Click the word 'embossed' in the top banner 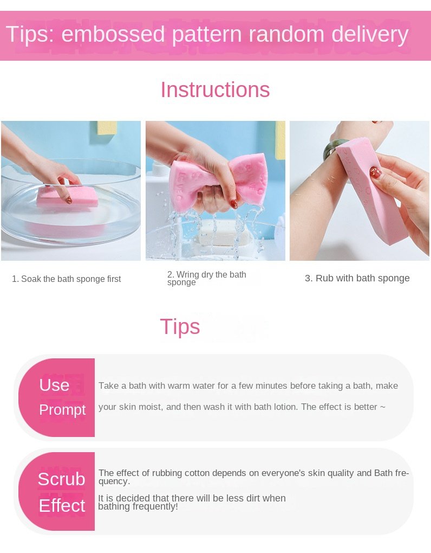pyautogui.click(x=113, y=34)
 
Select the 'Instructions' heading pyautogui.click(x=215, y=89)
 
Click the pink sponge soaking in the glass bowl pyautogui.click(x=67, y=197)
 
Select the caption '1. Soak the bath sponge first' pyautogui.click(x=66, y=279)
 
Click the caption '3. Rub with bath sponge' pyautogui.click(x=357, y=278)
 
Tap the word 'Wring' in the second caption pyautogui.click(x=188, y=274)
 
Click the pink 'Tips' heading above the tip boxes pyautogui.click(x=180, y=326)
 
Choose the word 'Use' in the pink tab pyautogui.click(x=54, y=385)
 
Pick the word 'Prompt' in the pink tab pyautogui.click(x=62, y=410)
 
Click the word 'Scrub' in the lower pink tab pyautogui.click(x=61, y=479)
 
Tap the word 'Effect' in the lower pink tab pyautogui.click(x=62, y=505)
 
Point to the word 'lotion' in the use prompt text pyautogui.click(x=285, y=407)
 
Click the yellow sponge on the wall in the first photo pyautogui.click(x=107, y=127)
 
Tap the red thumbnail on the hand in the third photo pyautogui.click(x=375, y=172)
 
